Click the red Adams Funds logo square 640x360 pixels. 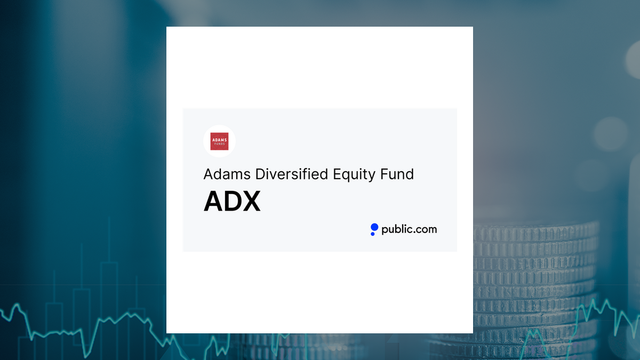(x=219, y=141)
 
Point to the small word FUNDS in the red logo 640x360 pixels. (x=219, y=145)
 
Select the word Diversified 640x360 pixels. (x=291, y=174)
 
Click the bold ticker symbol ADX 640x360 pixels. (x=232, y=202)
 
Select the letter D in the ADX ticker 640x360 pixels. (x=232, y=202)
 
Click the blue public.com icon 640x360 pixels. (x=374, y=229)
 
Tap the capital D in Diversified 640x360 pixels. (x=260, y=174)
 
